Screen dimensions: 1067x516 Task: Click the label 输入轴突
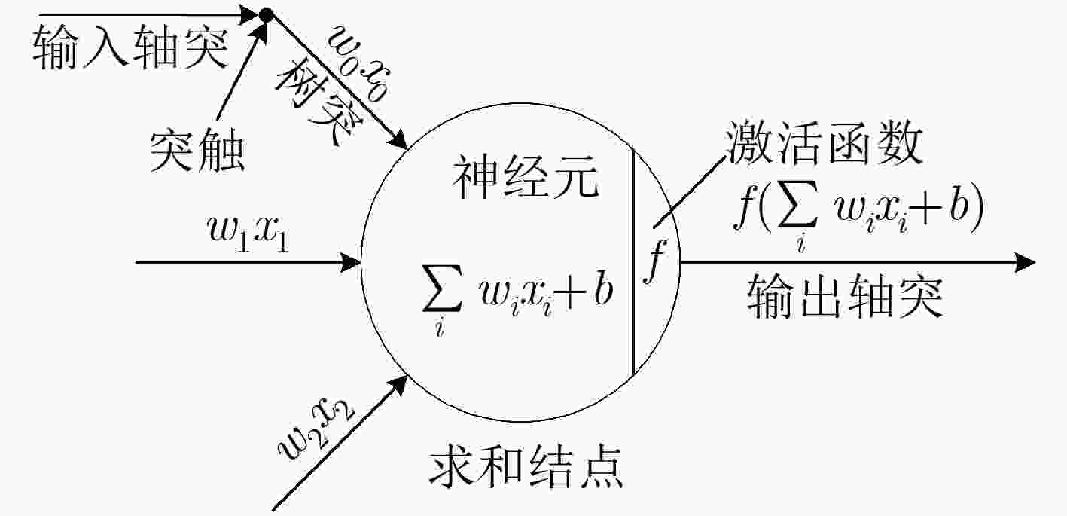130,47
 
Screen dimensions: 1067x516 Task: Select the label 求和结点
526,466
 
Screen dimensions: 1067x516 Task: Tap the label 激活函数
824,142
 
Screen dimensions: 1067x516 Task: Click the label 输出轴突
845,295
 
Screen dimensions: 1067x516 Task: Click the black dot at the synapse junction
265,14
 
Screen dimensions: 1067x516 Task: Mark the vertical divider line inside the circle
633,262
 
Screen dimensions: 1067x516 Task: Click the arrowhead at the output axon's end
1024,262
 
